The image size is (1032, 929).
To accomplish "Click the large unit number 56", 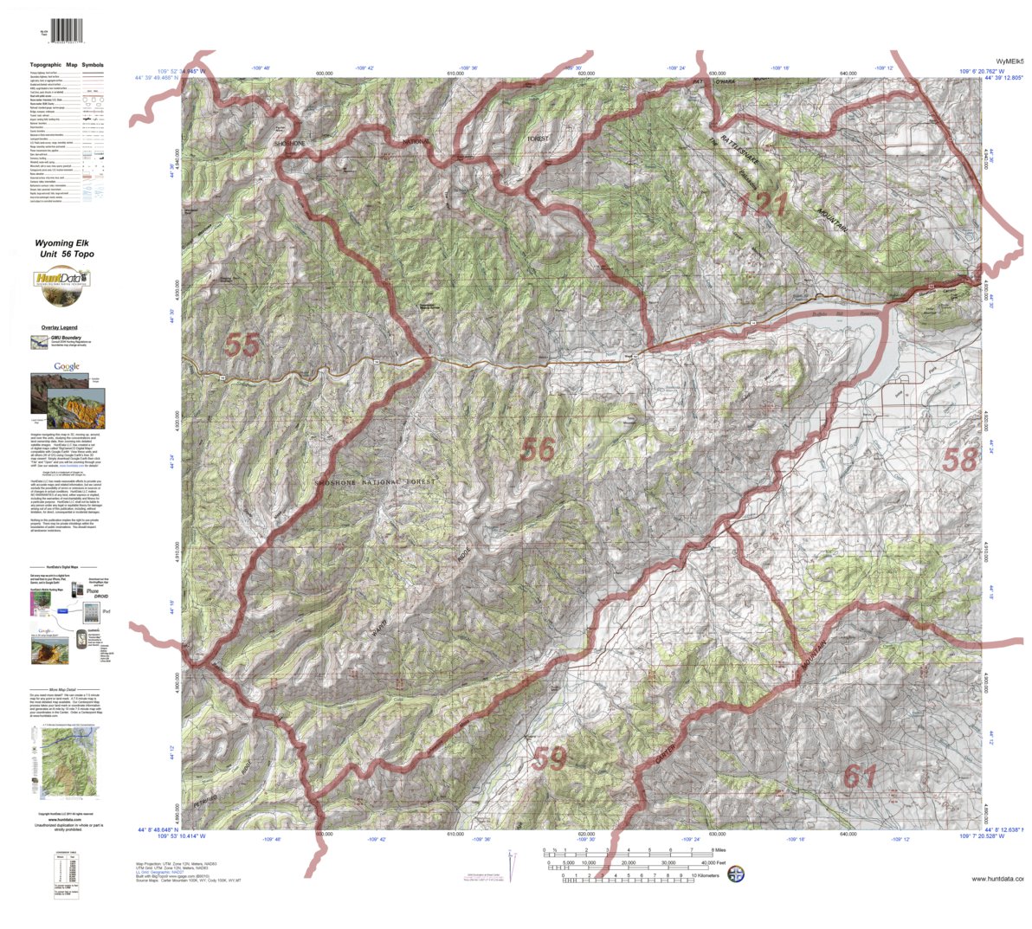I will [x=537, y=448].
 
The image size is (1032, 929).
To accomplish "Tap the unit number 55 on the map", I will [x=242, y=345].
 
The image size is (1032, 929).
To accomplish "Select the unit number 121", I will [x=763, y=205].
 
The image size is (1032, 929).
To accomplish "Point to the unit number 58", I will [x=959, y=460].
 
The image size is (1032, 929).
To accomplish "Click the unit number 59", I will [x=550, y=759].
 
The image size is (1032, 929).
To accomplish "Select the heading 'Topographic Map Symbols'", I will [x=67, y=65].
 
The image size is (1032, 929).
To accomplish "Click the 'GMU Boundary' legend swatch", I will [x=40, y=343].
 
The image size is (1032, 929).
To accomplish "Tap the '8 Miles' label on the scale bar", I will [x=707, y=850].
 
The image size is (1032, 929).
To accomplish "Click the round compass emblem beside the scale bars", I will [x=735, y=873].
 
